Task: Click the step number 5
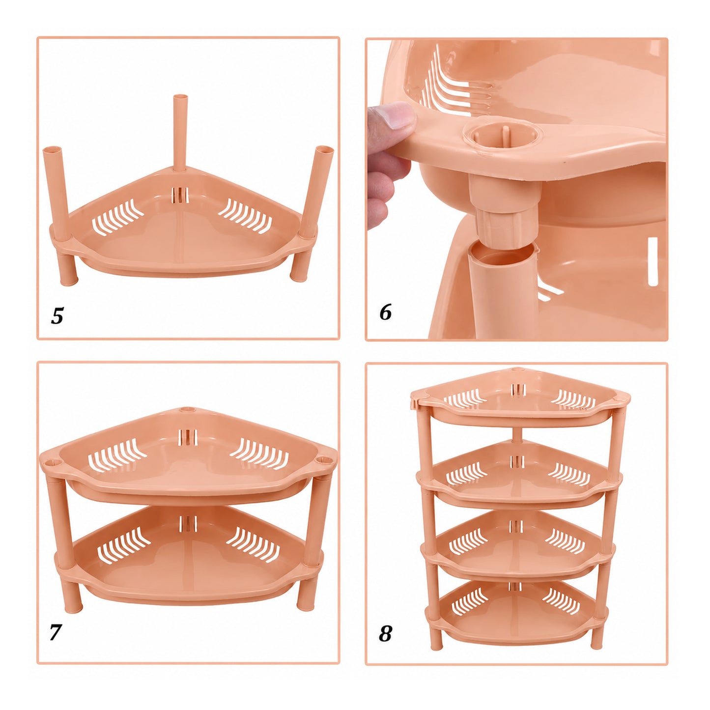tap(57, 315)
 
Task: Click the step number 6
tap(385, 312)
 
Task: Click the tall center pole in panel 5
tap(180, 133)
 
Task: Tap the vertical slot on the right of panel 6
tap(653, 261)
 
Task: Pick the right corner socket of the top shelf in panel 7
tap(324, 460)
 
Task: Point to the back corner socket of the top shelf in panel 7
tap(188, 410)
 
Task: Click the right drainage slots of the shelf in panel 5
tap(245, 216)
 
